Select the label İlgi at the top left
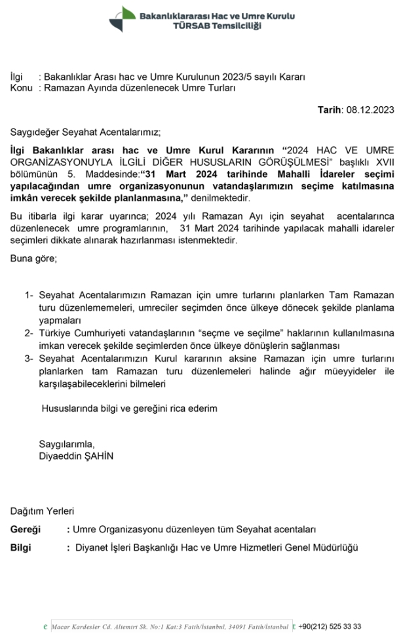point(17,77)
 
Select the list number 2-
point(29,334)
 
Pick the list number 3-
point(29,359)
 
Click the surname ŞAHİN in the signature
point(98,456)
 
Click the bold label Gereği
point(26,529)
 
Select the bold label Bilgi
point(21,547)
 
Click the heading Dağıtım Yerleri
point(43,510)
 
